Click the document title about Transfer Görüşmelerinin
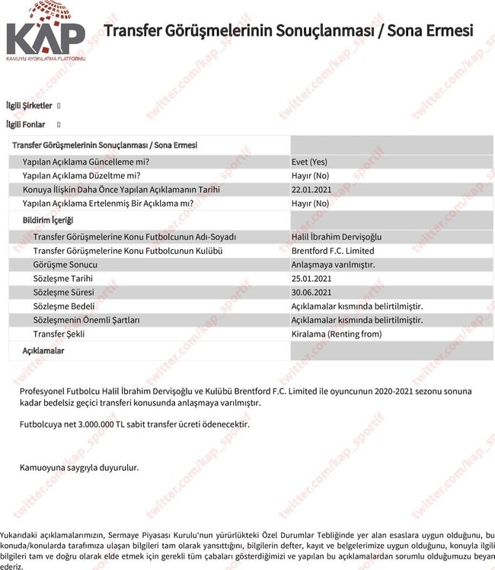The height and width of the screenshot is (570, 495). (x=288, y=31)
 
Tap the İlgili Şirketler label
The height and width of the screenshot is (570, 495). (x=29, y=106)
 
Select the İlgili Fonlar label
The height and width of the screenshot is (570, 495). (x=26, y=124)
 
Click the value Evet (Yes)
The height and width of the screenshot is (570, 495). (x=309, y=162)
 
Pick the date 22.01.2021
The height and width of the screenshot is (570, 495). (x=312, y=189)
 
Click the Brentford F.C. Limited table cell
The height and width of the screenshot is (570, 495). (x=333, y=251)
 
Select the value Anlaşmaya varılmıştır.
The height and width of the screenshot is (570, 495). (x=334, y=264)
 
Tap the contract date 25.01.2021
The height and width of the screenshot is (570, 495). (x=312, y=278)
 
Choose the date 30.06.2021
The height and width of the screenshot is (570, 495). (x=312, y=292)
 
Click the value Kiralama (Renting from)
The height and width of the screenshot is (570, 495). (x=337, y=334)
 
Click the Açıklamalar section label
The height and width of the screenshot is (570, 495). (x=43, y=351)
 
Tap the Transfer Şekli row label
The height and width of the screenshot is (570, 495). (x=59, y=334)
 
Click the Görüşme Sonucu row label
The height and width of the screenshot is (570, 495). (x=65, y=264)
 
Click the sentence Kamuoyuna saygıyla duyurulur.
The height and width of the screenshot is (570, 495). (x=79, y=467)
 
